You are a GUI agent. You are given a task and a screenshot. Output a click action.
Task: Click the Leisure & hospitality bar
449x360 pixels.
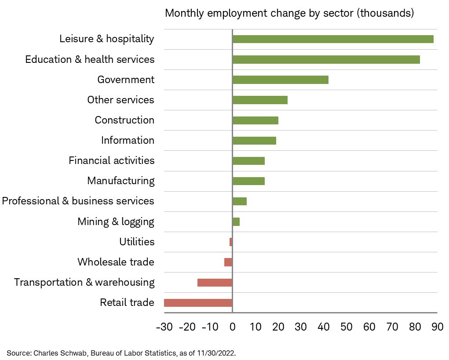332,39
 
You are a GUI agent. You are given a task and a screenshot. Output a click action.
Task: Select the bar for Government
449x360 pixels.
280,80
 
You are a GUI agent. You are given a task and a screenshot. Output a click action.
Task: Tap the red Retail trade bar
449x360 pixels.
198,303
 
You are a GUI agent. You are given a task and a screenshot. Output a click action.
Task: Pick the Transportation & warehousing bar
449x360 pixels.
215,283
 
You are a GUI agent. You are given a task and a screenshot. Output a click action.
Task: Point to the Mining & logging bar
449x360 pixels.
236,222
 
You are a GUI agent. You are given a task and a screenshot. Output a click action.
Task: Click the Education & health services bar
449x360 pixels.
326,59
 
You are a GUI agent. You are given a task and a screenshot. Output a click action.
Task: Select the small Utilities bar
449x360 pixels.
231,242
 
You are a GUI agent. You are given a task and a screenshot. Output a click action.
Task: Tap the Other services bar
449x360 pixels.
260,100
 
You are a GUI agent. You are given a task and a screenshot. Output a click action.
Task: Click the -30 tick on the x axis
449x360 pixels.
164,327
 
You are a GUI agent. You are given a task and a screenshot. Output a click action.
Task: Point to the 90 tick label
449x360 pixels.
437,327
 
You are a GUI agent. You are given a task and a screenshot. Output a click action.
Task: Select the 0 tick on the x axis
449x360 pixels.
232,327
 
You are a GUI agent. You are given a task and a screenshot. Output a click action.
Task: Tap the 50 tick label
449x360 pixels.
346,327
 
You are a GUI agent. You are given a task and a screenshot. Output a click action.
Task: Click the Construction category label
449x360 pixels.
124,120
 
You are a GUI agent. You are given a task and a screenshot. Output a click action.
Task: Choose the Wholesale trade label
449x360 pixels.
116,262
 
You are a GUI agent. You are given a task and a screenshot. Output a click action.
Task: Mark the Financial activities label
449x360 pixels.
111,160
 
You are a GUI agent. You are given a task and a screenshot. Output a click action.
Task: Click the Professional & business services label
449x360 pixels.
78,201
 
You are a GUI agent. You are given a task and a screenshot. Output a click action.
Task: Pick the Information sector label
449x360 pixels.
128,140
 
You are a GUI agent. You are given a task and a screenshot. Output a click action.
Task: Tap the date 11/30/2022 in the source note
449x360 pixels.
216,353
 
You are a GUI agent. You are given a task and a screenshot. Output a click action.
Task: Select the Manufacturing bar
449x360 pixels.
248,181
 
